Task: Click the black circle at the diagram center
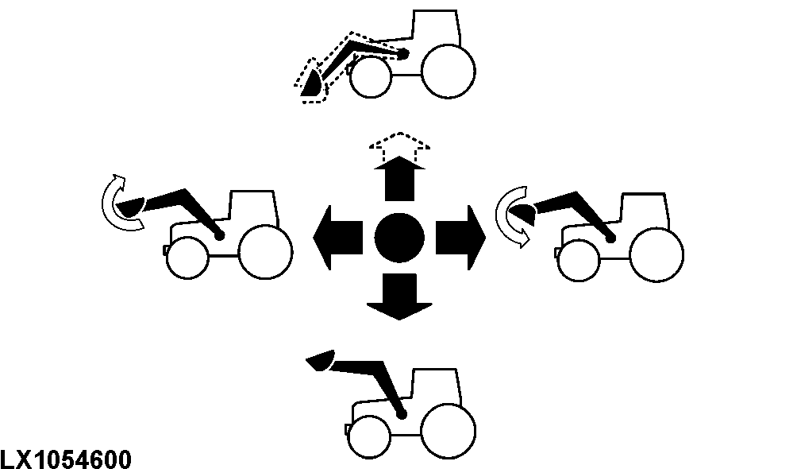(x=399, y=238)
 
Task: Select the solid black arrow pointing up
(x=399, y=178)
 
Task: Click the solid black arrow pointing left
(x=337, y=238)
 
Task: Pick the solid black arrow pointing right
(x=460, y=238)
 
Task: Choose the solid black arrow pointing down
(x=399, y=297)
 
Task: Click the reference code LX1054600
(x=66, y=459)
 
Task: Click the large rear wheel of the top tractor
(x=449, y=72)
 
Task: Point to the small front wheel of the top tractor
(x=371, y=77)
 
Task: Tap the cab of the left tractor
(x=254, y=209)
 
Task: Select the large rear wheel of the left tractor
(x=265, y=252)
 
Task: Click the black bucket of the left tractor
(x=130, y=207)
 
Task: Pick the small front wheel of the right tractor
(x=579, y=260)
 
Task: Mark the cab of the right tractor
(x=645, y=211)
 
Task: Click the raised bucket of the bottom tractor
(x=320, y=360)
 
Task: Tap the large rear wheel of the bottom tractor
(x=449, y=431)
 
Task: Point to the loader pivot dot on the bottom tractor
(x=402, y=415)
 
